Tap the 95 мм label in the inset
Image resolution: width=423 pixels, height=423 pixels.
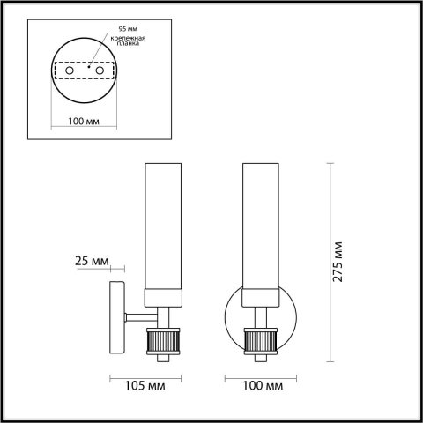pyautogui.click(x=115, y=27)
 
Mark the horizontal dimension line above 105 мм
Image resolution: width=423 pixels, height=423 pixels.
pyautogui.click(x=145, y=377)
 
